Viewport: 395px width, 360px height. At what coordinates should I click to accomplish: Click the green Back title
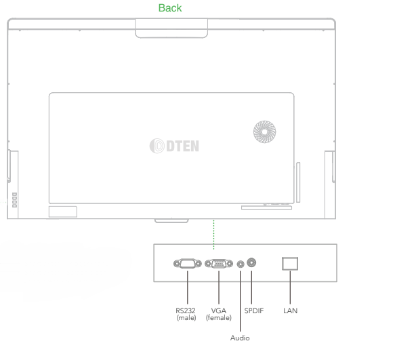click(x=170, y=8)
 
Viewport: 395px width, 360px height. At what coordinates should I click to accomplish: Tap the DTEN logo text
click(x=183, y=146)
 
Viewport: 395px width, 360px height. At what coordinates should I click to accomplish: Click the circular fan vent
click(x=264, y=132)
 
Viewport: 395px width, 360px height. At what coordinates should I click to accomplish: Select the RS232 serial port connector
click(x=188, y=264)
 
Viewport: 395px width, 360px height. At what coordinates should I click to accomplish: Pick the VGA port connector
click(x=219, y=264)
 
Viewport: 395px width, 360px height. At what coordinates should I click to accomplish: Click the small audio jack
click(x=241, y=264)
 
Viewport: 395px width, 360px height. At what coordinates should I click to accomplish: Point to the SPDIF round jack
click(x=251, y=262)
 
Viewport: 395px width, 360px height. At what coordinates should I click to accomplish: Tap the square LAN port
click(x=290, y=264)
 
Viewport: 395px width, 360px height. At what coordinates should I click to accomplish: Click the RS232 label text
click(x=186, y=311)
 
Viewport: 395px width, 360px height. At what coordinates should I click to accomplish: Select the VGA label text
click(x=218, y=311)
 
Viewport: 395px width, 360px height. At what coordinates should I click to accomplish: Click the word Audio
click(x=240, y=338)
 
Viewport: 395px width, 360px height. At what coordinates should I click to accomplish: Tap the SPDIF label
click(x=254, y=311)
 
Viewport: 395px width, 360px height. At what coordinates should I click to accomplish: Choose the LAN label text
click(x=290, y=311)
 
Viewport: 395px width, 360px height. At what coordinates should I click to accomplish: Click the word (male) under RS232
click(x=186, y=318)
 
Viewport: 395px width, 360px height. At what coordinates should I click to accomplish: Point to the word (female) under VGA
click(x=218, y=318)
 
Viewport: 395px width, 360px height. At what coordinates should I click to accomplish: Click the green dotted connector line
click(x=213, y=235)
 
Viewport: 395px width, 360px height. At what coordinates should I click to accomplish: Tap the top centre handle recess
click(x=171, y=28)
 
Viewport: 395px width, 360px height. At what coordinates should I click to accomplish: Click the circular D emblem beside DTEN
click(x=157, y=146)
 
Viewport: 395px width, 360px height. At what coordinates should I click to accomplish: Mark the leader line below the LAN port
click(x=290, y=287)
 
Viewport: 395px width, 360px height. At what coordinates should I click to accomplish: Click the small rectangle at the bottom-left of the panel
click(x=63, y=212)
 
